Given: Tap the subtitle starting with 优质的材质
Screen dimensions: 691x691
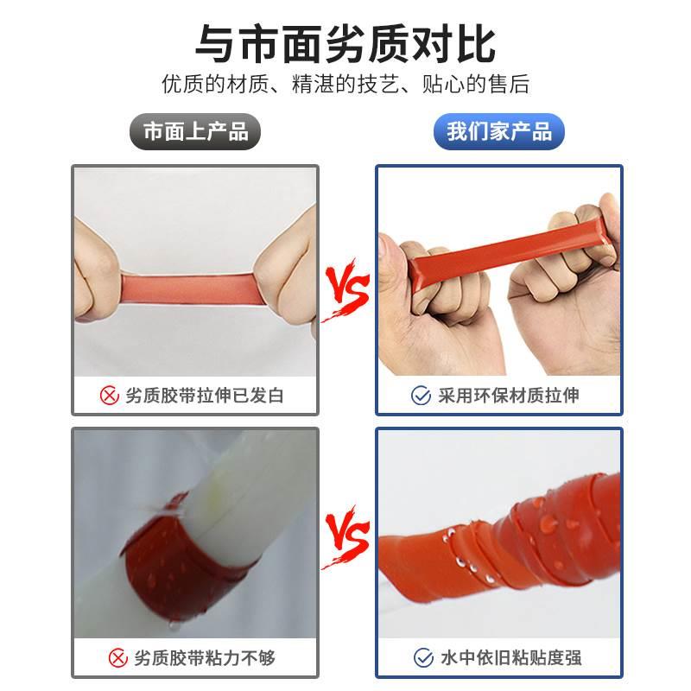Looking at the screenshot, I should pos(345,85).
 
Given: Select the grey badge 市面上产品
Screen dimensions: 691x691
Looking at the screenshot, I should pos(195,132).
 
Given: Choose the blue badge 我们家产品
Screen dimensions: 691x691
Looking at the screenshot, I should pos(498,132).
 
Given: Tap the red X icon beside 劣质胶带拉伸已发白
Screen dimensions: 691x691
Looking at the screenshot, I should pos(110,396).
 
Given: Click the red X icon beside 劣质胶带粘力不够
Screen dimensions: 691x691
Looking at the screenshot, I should pos(118,658).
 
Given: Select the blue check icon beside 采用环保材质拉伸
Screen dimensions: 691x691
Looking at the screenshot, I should pos(421,396).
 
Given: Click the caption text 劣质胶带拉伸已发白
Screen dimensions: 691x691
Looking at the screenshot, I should pos(205,396).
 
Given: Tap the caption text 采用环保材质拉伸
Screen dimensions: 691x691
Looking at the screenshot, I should pos(507,396).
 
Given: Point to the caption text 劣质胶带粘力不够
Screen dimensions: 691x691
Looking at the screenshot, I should pos(205,658).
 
